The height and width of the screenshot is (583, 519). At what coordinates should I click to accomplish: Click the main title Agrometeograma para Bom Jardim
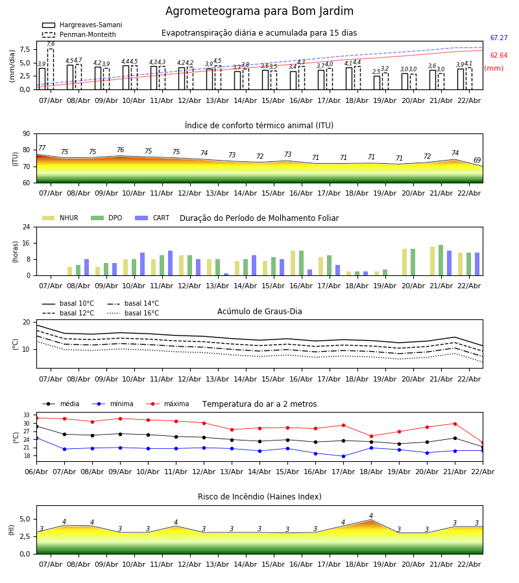(x=259, y=12)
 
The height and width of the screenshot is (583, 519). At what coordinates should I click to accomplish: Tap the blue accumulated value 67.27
(x=498, y=38)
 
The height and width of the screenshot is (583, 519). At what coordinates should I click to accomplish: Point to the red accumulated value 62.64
(x=498, y=56)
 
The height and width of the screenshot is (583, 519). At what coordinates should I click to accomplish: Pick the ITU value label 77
(x=42, y=148)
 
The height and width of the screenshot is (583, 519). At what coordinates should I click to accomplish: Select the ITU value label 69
(x=477, y=161)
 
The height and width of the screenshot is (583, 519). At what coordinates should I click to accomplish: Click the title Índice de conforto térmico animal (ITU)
(x=259, y=126)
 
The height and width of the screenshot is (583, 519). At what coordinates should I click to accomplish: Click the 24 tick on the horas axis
(x=28, y=227)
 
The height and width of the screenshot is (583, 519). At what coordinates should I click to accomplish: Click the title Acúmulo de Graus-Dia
(x=259, y=312)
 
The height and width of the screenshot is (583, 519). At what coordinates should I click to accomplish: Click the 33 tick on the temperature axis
(x=28, y=415)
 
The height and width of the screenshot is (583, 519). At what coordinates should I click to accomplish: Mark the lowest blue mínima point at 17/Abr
(x=343, y=456)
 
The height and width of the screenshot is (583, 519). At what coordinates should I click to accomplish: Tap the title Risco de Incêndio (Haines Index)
(x=259, y=497)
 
